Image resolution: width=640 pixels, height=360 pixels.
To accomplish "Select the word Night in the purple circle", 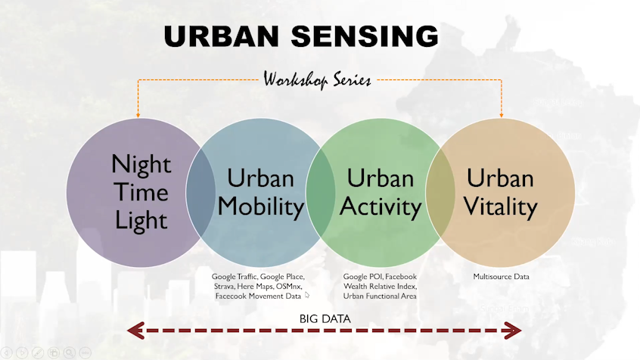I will [x=141, y=163].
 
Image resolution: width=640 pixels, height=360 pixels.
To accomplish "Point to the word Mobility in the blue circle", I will [x=260, y=206].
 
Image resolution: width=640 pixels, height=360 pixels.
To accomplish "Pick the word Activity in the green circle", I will [x=380, y=206].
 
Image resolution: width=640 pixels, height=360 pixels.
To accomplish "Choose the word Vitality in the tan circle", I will [x=500, y=206].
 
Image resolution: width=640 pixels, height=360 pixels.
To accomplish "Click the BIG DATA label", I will [x=325, y=318].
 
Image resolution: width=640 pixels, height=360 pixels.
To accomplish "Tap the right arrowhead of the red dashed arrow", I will [x=514, y=330].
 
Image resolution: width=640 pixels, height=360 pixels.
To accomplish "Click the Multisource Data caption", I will [x=501, y=277].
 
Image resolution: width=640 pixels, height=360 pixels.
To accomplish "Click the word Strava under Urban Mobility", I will [x=224, y=287].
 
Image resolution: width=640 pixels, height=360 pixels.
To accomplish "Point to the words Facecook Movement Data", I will [x=258, y=296].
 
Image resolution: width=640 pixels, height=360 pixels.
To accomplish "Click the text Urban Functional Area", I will [x=380, y=296].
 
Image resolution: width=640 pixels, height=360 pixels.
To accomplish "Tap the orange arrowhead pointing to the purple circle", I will [x=138, y=113].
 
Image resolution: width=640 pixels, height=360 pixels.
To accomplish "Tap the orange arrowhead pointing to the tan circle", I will [x=502, y=113].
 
